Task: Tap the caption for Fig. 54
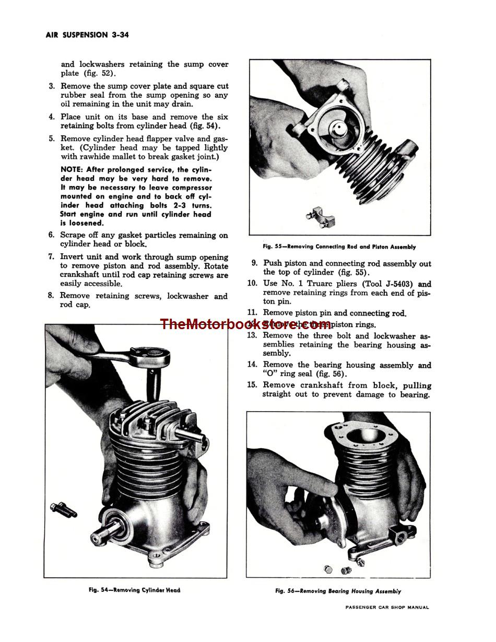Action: [134, 590]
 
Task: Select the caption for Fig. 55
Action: [339, 247]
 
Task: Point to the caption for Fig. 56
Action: [338, 591]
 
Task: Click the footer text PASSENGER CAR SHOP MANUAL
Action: [387, 608]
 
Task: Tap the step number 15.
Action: [252, 385]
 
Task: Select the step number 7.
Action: [51, 256]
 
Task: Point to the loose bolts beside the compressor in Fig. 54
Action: [63, 509]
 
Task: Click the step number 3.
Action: [52, 86]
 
